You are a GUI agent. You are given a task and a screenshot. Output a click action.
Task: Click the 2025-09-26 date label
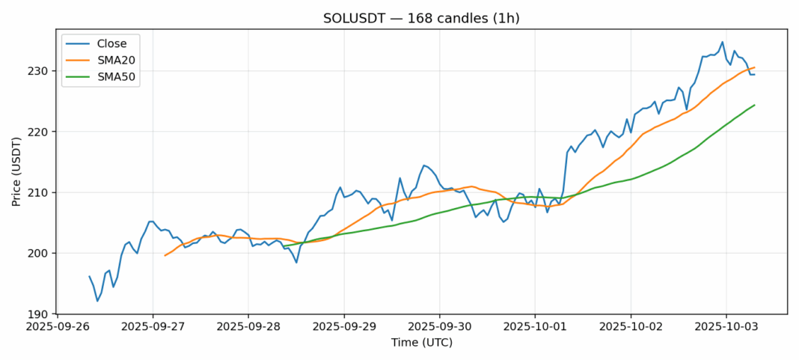57,328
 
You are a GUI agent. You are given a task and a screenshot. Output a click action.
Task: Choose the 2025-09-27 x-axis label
153,328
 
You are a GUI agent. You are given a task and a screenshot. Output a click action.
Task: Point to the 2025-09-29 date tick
343,328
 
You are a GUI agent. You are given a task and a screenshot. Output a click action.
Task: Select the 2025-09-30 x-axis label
439,328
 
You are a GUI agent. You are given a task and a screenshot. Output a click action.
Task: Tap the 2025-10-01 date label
534,328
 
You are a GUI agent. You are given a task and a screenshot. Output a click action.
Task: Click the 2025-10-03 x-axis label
726,328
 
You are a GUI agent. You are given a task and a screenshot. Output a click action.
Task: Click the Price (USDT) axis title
16,171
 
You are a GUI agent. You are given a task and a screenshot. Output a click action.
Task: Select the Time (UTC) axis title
421,343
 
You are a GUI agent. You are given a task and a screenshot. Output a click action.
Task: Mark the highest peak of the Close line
723,42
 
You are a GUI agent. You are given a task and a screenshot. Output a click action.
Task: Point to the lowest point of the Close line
97,301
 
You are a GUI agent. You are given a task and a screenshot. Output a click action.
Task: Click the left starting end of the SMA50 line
284,246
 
